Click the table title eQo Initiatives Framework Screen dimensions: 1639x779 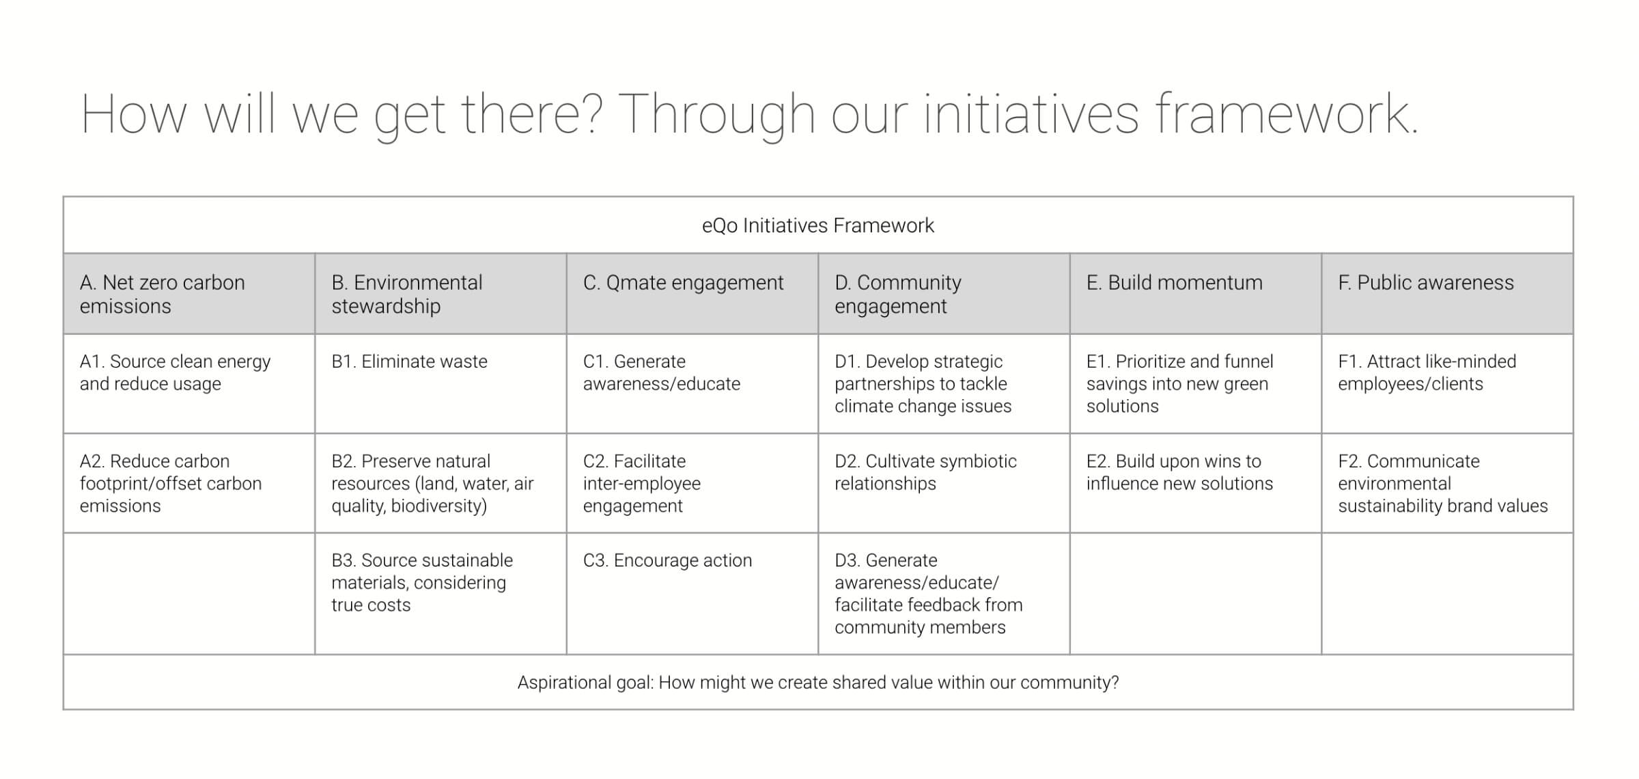click(817, 225)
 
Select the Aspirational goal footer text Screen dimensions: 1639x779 click(818, 682)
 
